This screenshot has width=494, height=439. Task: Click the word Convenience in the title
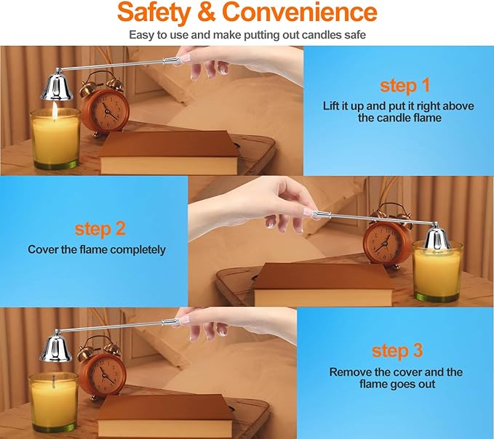[300, 12]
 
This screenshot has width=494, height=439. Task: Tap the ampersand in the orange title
[207, 12]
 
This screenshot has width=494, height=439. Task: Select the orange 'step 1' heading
[405, 85]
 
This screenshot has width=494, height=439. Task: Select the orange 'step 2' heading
[100, 228]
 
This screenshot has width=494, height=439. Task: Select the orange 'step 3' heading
[397, 350]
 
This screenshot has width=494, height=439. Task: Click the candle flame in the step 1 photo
[55, 110]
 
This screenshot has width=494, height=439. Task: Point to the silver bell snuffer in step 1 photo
[57, 86]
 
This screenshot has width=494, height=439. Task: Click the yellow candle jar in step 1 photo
[56, 139]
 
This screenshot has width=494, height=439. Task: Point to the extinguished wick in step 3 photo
[54, 381]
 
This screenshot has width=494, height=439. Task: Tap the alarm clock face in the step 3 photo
[104, 373]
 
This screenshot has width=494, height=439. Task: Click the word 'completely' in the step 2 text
[138, 250]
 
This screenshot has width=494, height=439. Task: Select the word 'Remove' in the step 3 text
[351, 372]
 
